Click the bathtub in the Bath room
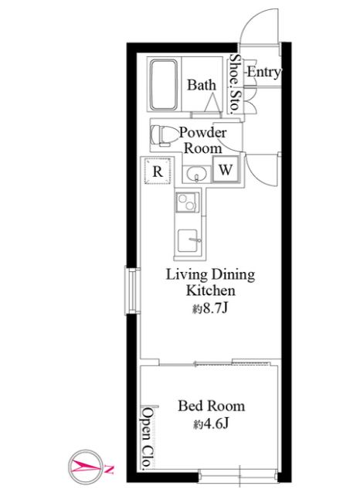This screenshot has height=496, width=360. click(163, 84)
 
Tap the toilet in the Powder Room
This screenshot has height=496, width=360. click(161, 135)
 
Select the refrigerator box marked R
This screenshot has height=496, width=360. click(158, 171)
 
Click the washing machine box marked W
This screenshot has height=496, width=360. click(226, 169)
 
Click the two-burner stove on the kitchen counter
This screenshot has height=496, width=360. click(188, 202)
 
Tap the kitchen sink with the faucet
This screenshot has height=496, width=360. click(188, 241)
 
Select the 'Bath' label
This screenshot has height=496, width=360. click(202, 85)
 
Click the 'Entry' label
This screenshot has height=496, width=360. click(263, 72)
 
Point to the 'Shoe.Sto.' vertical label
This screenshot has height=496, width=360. click(234, 84)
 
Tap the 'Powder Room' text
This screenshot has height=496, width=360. click(202, 140)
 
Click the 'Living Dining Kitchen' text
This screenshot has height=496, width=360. click(210, 282)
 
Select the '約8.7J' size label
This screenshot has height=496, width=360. click(211, 307)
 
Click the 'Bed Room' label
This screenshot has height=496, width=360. click(212, 406)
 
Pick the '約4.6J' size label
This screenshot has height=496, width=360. click(211, 423)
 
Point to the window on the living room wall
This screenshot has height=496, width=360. click(132, 291)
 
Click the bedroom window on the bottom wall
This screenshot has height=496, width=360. click(239, 476)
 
